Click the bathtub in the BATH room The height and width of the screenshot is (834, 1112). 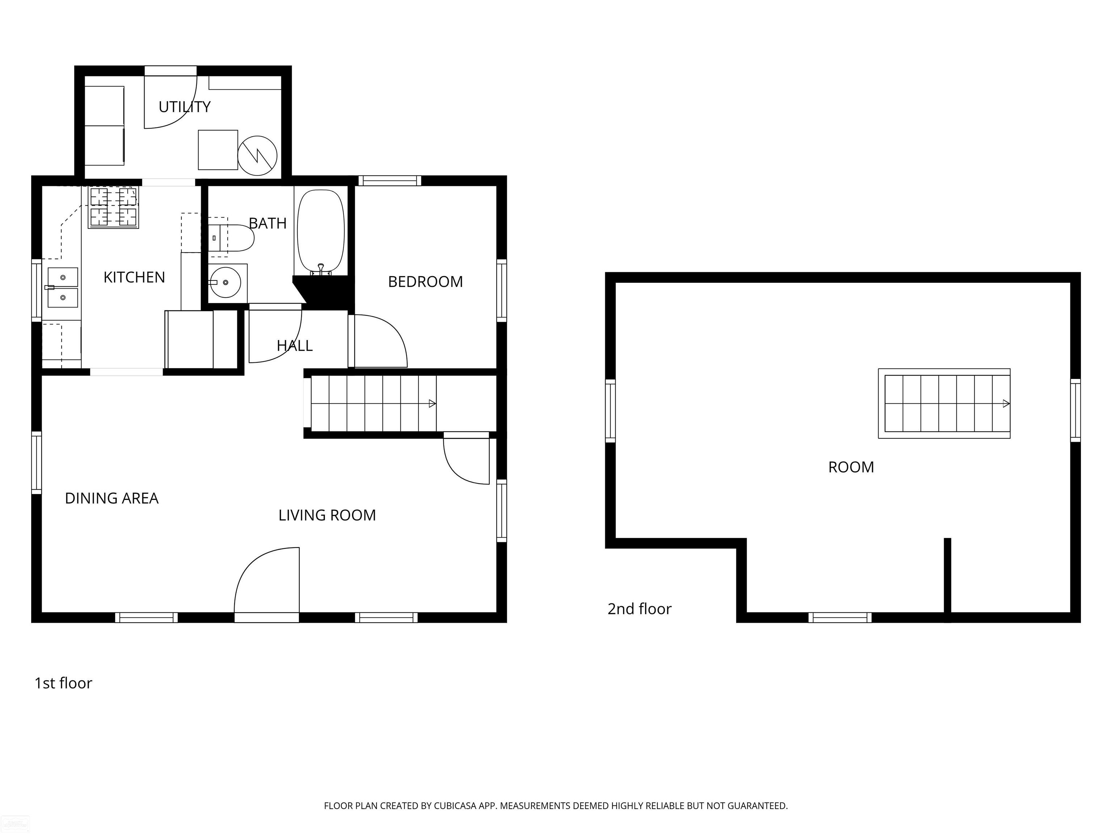tap(321, 231)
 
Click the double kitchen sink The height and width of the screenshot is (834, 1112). tap(63, 287)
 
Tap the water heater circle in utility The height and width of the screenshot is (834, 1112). tap(257, 155)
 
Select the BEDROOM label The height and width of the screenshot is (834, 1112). tap(425, 282)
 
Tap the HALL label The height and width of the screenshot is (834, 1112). tap(295, 345)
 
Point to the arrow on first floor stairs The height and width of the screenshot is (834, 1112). tap(431, 403)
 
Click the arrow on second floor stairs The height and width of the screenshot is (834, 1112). tap(1006, 403)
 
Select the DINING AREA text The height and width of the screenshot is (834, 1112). tap(111, 498)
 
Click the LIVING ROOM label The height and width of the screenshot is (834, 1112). tap(327, 515)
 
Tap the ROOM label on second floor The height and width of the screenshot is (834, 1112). tap(851, 467)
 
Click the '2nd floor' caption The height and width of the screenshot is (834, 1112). tap(640, 609)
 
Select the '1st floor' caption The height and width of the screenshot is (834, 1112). tap(63, 683)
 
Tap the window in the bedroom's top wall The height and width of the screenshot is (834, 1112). tap(389, 181)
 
